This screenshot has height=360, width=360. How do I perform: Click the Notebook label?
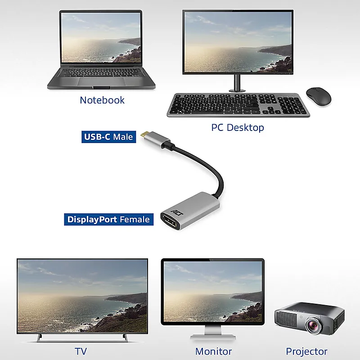tap(102, 100)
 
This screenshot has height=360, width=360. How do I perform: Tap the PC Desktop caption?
tap(238, 127)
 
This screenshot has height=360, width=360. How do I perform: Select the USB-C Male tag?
tap(108, 137)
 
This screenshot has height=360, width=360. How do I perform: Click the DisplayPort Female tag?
tap(108, 220)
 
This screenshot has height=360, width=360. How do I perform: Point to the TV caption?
tap(81, 351)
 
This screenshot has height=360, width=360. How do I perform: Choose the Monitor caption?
tap(213, 351)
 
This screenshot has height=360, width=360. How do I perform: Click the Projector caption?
tap(306, 351)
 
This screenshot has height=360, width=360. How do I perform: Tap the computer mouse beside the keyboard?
tap(319, 96)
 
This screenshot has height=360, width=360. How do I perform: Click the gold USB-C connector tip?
tap(144, 134)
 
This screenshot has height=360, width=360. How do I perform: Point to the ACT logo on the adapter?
tap(177, 212)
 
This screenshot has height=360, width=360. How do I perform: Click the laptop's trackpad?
tap(102, 81)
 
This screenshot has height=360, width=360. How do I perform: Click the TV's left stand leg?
tap(40, 338)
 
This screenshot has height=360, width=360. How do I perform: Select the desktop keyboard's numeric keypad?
tap(292, 105)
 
